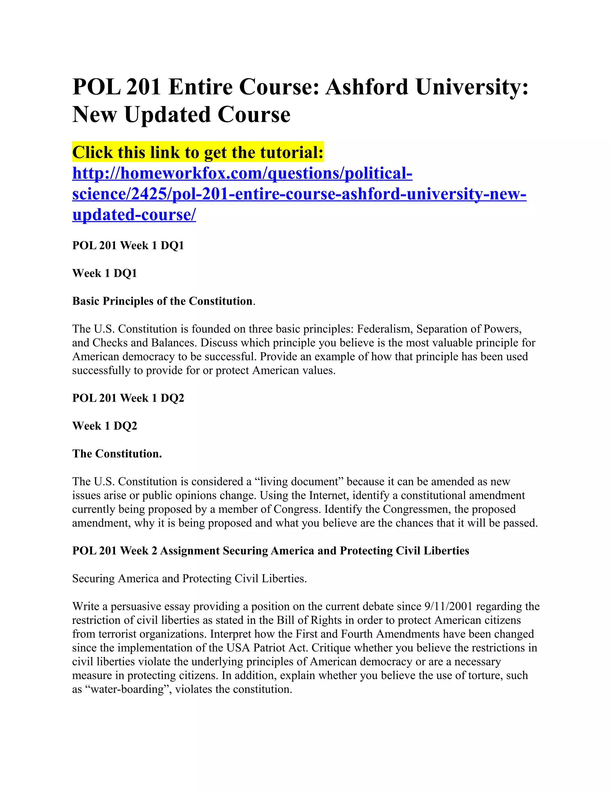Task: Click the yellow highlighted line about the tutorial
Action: (x=198, y=152)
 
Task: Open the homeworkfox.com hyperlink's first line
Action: (x=242, y=173)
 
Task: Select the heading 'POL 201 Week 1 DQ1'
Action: (x=128, y=245)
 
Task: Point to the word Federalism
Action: (x=385, y=329)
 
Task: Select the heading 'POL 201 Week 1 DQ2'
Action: (x=128, y=398)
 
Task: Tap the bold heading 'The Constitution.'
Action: (x=117, y=454)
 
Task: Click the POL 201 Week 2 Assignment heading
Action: (x=270, y=551)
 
